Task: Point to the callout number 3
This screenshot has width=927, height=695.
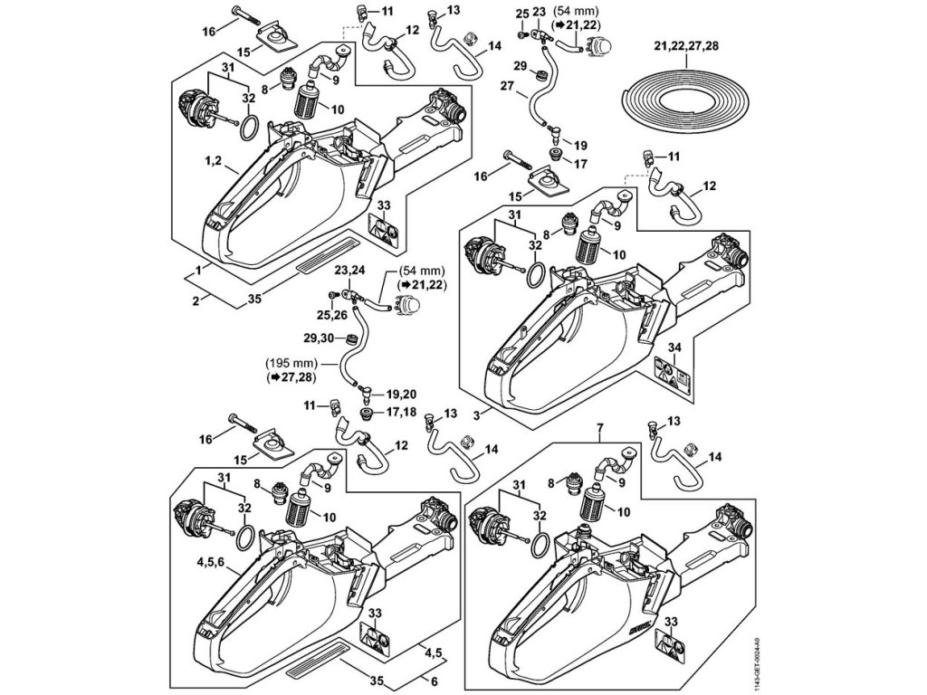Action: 476,413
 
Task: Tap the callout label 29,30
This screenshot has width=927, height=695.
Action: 320,338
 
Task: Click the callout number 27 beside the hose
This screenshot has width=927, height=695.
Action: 506,87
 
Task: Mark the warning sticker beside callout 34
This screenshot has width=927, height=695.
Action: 670,375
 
